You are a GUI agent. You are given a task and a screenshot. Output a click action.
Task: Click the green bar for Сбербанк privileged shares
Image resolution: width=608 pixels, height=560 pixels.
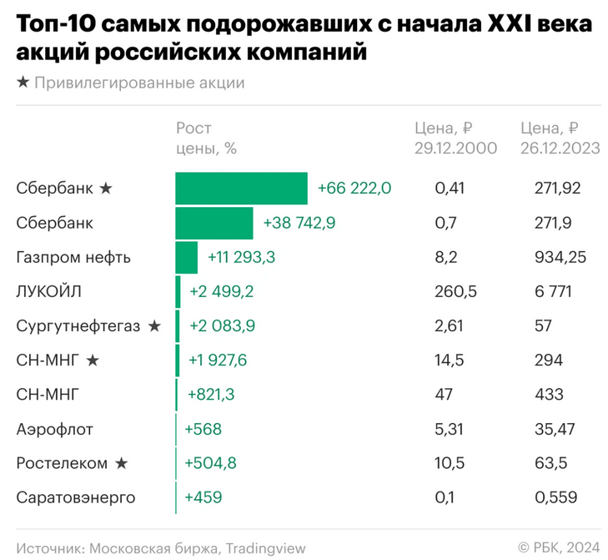241,189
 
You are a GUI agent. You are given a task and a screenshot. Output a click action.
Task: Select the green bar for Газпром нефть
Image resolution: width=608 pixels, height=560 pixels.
186,257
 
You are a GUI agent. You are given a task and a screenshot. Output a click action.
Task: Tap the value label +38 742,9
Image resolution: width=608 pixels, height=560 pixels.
299,223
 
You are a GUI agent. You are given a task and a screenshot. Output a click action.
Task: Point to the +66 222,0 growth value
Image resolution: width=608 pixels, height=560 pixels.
354,189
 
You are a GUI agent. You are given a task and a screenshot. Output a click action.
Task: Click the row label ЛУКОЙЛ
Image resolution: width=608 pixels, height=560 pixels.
49,292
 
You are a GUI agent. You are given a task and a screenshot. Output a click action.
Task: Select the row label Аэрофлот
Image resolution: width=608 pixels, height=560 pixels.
55,430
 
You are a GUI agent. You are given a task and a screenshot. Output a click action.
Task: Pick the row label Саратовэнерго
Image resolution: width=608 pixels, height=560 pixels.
75,498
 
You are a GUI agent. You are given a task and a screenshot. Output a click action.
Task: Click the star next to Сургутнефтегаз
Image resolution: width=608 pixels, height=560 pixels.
154,326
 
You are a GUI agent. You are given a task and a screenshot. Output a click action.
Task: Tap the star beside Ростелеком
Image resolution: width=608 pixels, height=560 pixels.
122,464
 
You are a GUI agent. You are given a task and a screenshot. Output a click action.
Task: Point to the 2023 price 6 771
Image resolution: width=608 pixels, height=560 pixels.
552,292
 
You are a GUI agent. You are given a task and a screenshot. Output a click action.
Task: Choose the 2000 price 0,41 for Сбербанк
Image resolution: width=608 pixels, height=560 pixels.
449,189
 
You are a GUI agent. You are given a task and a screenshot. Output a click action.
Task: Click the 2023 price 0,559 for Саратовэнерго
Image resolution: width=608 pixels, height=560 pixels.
556,498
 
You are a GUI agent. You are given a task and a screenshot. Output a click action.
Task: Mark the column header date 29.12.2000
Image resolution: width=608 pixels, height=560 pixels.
455,149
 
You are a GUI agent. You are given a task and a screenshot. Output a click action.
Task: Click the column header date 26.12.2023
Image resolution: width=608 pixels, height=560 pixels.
560,149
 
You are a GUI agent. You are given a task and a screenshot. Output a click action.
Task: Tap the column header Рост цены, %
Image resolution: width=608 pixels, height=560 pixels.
206,139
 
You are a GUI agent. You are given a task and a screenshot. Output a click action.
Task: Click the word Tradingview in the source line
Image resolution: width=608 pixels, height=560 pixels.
264,547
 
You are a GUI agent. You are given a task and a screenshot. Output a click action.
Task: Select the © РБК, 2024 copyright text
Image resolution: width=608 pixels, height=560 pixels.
558,547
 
